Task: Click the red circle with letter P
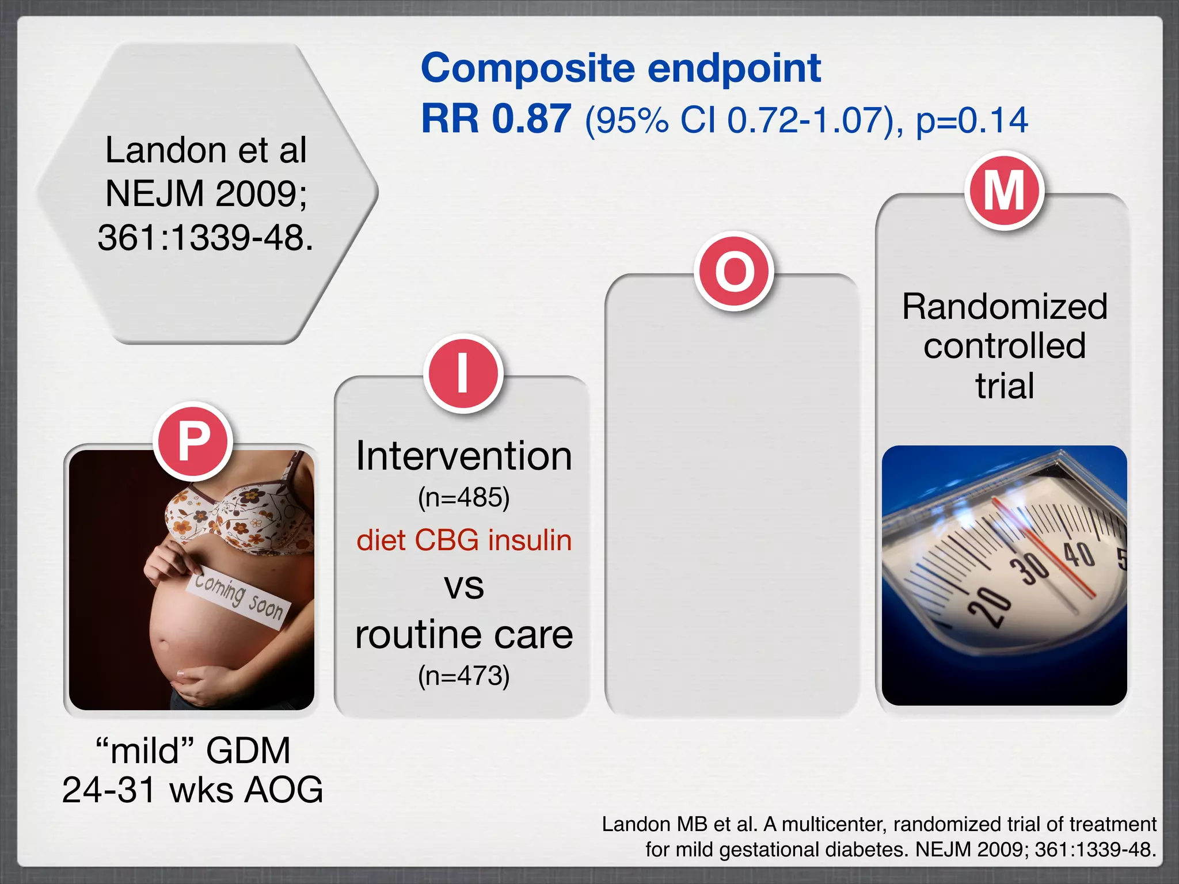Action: [193, 441]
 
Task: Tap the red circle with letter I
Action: [463, 374]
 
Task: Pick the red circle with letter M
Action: [1004, 190]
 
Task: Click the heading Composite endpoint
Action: [621, 68]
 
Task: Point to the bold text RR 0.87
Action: [496, 119]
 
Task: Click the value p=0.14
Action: [971, 120]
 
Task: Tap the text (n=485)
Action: [463, 497]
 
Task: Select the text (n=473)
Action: [463, 676]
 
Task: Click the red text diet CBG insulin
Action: [463, 540]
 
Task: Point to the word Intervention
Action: [463, 456]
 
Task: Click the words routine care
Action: [463, 635]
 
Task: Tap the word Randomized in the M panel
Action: [1004, 306]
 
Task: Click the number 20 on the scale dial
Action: [989, 606]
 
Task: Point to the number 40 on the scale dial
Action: [1078, 555]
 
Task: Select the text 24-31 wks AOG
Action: [192, 790]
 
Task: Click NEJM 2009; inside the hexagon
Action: [206, 193]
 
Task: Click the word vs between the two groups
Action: [463, 587]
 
